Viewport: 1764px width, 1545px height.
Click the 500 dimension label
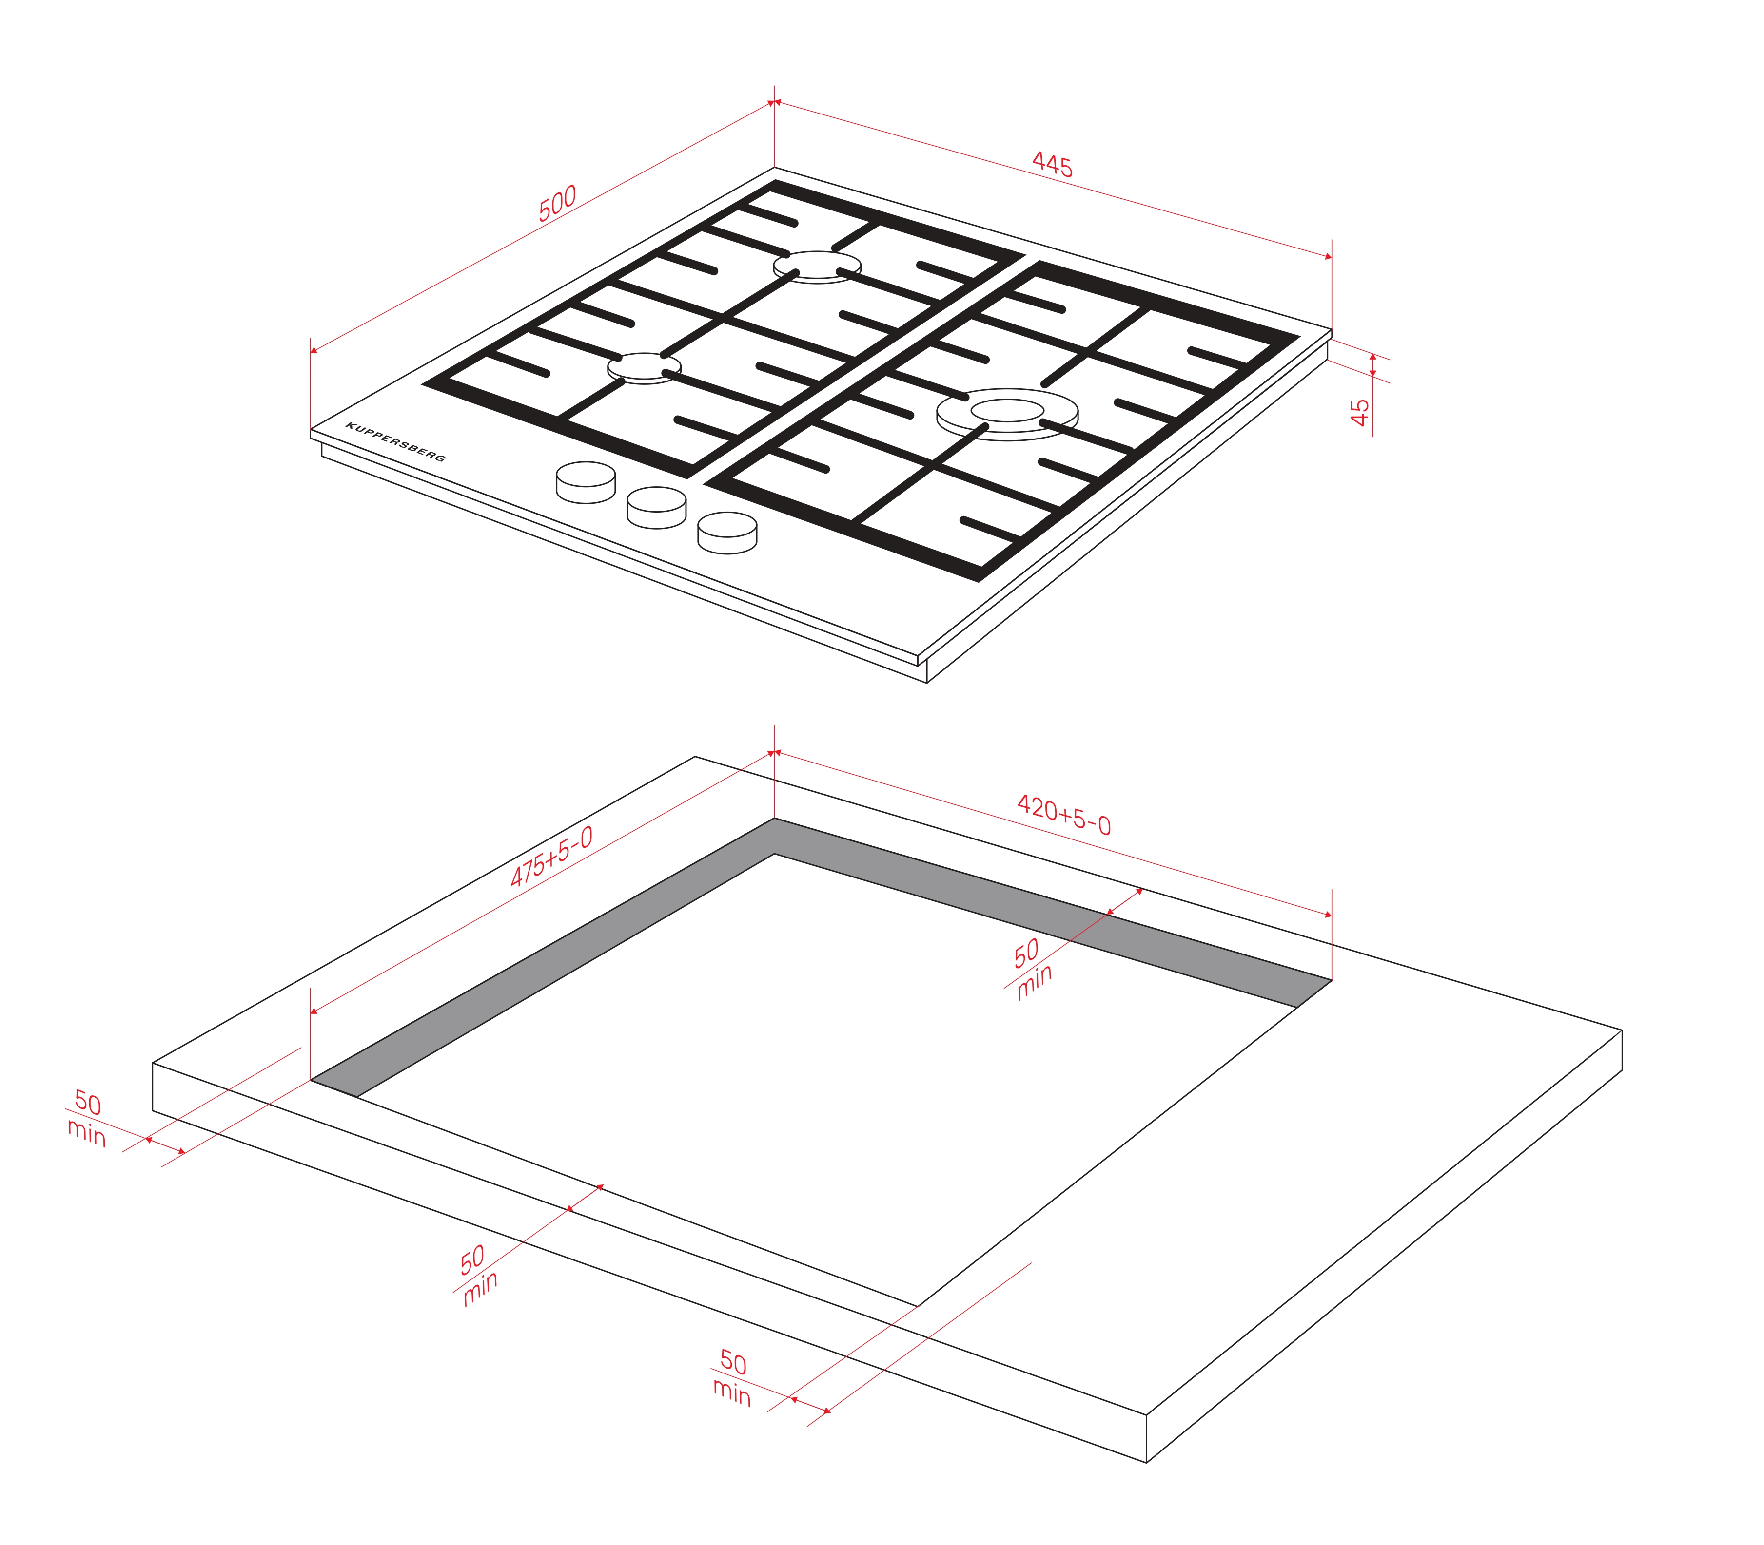point(557,204)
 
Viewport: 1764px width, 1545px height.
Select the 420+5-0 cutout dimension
point(1063,815)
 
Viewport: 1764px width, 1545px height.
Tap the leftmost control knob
point(586,483)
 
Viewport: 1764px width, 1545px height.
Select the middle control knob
point(656,508)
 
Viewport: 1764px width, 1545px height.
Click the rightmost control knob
point(727,533)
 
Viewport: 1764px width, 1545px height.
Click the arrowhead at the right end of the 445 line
point(1329,256)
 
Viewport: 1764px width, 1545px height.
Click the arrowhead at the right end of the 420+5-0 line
point(1329,915)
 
